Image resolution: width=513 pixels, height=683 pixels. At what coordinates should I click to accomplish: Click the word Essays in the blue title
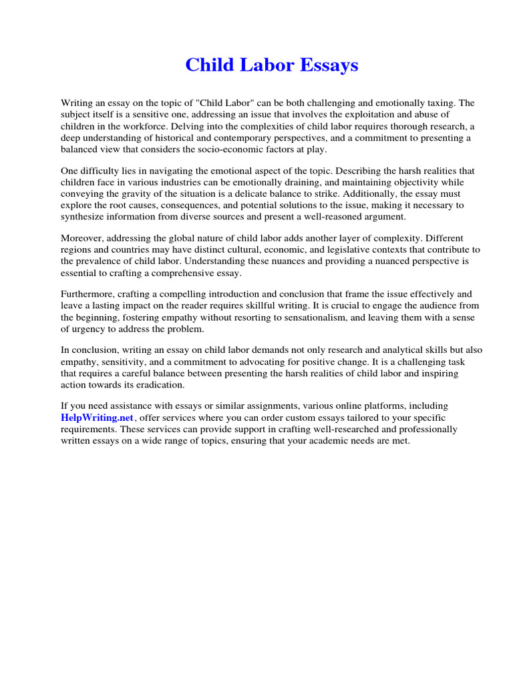click(329, 65)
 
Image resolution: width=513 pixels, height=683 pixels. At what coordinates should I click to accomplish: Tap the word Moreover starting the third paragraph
click(83, 238)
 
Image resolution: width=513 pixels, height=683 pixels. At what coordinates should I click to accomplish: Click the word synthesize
click(84, 217)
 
